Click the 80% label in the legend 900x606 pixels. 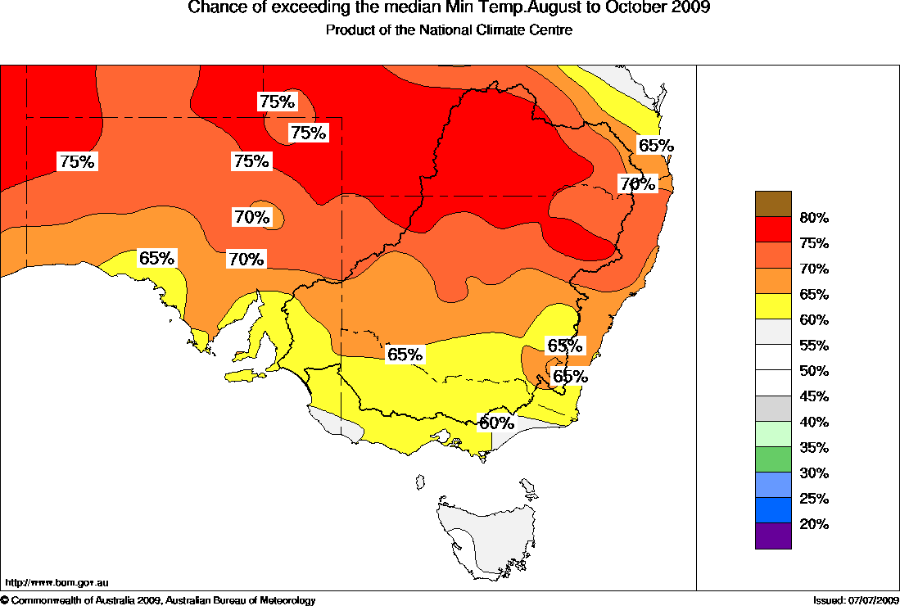(814, 218)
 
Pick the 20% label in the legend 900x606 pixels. (814, 524)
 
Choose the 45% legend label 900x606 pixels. (814, 396)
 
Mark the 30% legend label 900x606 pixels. (814, 473)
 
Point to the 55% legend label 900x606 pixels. (814, 346)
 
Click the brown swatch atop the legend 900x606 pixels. (773, 204)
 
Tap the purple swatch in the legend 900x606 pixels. (773, 536)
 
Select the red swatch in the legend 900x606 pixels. (773, 229)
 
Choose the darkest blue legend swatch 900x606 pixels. (773, 510)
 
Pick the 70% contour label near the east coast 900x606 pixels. (638, 184)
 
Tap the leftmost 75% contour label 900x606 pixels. (77, 161)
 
